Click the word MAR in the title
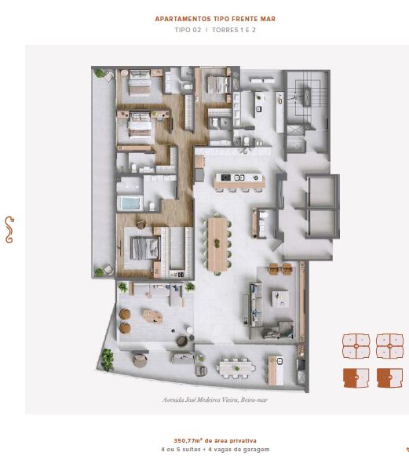268,19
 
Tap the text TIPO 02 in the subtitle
188,30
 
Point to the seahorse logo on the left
9,229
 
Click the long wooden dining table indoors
217,245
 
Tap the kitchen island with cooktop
239,181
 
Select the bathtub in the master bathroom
130,203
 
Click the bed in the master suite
144,248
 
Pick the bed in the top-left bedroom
140,82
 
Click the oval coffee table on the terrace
152,316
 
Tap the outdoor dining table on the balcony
236,368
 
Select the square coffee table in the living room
280,299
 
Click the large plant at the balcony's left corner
107,359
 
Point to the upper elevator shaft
322,191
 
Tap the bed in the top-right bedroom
217,84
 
